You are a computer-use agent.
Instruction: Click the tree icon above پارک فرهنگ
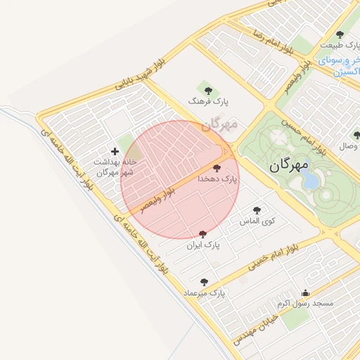(207, 89)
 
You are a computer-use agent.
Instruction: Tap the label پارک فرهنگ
(207, 102)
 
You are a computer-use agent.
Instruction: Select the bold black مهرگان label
(289, 166)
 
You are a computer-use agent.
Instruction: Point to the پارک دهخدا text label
(219, 180)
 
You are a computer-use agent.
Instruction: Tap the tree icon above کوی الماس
(257, 210)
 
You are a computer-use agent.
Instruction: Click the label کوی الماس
(259, 221)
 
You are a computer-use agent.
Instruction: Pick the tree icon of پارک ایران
(203, 233)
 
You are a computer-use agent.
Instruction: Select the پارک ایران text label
(204, 246)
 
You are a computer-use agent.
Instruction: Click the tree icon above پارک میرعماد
(204, 281)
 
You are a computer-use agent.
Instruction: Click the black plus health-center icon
(115, 151)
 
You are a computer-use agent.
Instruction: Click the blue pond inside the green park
(310, 181)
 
